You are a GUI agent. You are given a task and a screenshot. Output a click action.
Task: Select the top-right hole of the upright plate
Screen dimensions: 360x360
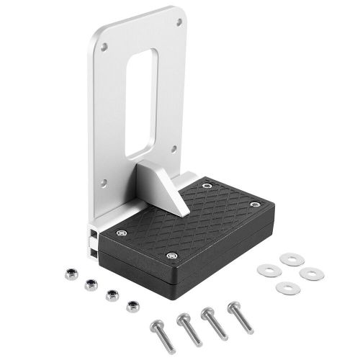[x=178, y=22]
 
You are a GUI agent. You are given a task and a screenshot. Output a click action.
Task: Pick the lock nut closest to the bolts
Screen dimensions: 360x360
[x=131, y=306]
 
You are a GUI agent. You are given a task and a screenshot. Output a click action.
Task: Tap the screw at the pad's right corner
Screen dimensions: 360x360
[x=253, y=204]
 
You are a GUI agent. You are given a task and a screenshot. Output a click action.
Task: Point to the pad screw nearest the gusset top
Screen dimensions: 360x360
[x=207, y=186]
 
